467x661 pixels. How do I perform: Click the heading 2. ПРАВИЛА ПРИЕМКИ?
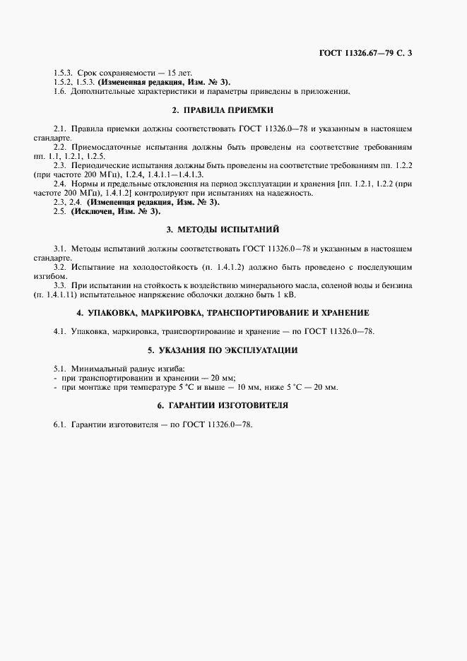coord(223,110)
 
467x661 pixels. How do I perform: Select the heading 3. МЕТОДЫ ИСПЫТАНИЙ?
coord(223,230)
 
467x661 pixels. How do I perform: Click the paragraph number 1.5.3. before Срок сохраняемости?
coord(64,73)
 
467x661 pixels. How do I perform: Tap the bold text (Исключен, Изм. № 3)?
coord(116,211)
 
